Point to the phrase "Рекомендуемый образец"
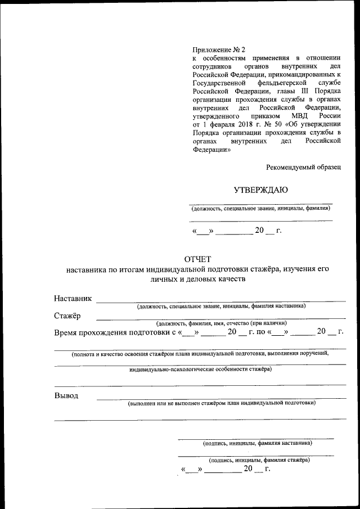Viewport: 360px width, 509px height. [x=304, y=167]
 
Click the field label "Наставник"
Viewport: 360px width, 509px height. [x=73, y=298]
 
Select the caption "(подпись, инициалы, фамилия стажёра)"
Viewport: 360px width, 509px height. [x=258, y=460]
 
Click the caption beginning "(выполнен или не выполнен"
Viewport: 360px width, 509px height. [x=222, y=403]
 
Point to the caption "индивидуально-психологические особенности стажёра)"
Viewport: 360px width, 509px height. [x=200, y=370]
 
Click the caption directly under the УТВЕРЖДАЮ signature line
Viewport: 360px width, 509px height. [x=260, y=209]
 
